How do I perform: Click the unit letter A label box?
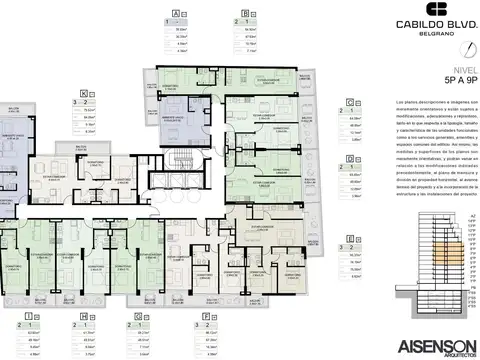click(176, 13)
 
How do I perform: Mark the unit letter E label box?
click(352, 240)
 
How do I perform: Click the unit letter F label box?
click(205, 316)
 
